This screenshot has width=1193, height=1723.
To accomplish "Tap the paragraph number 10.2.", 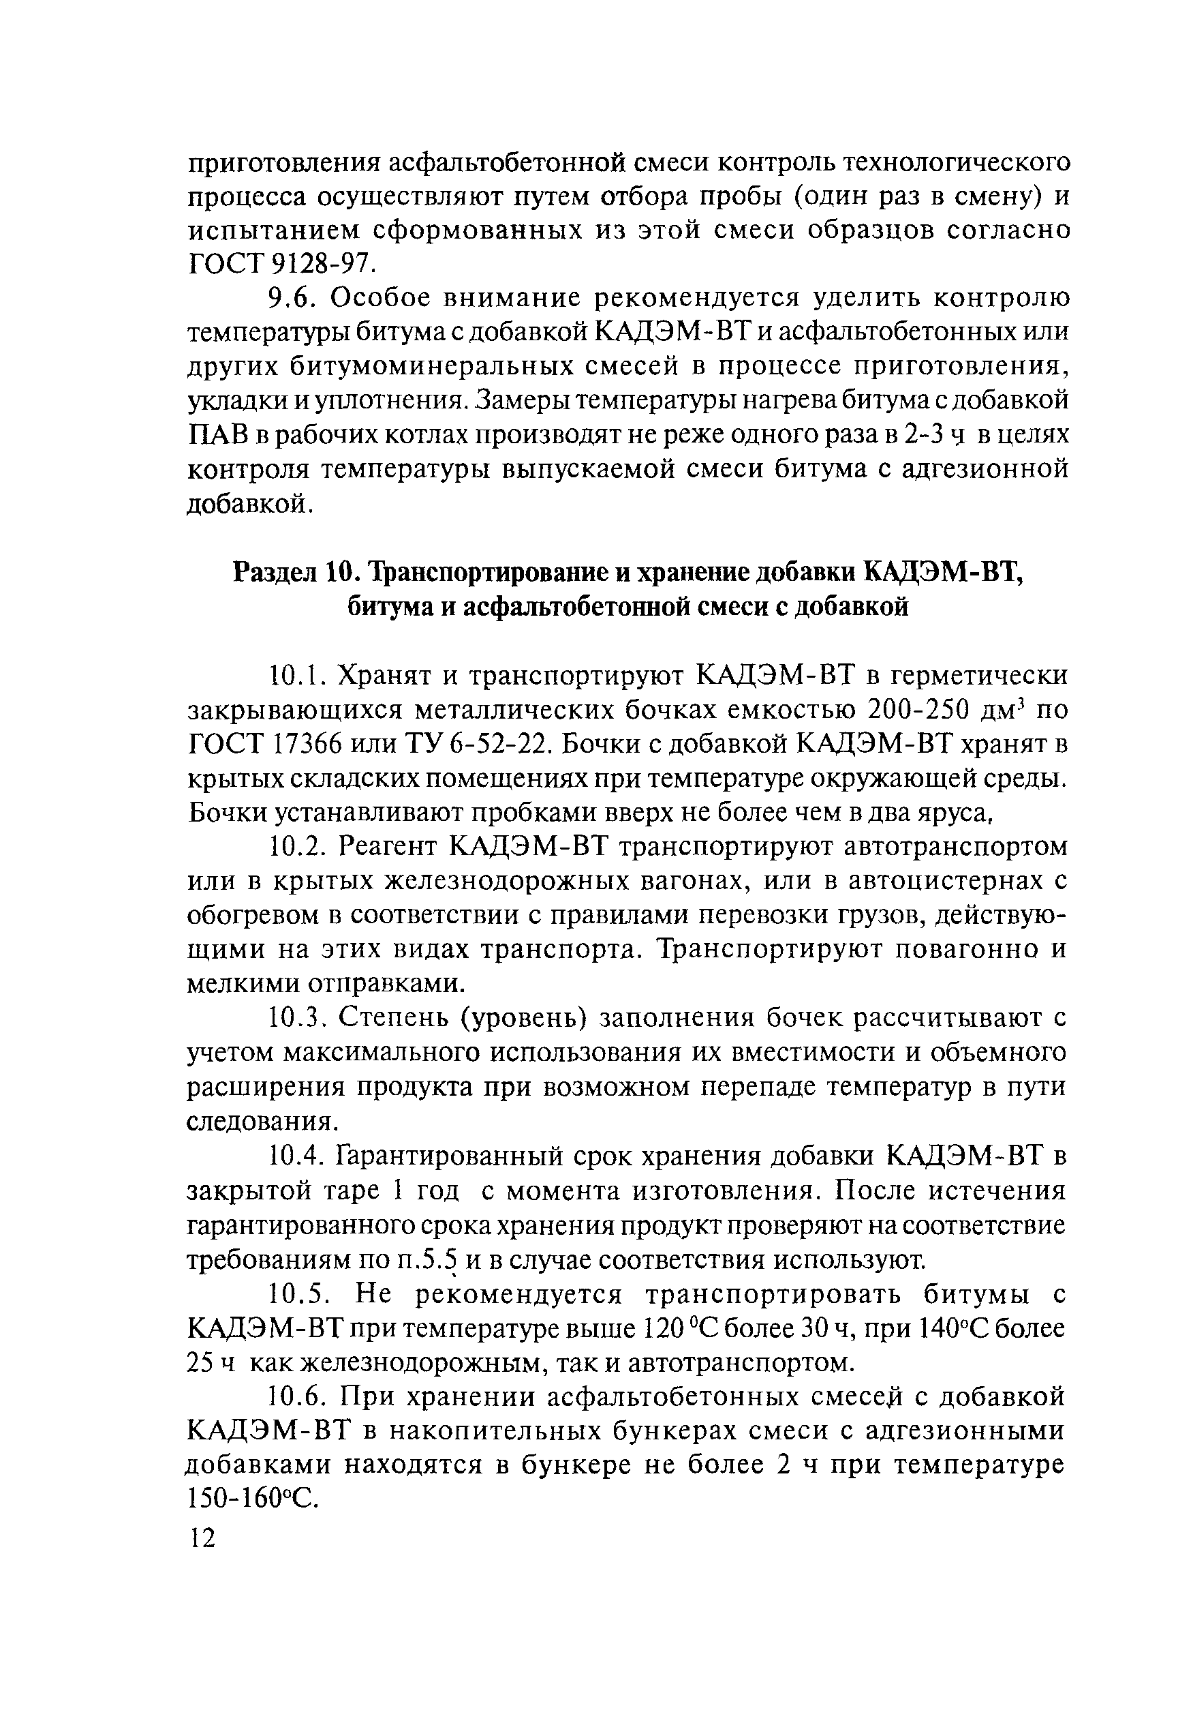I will click(298, 848).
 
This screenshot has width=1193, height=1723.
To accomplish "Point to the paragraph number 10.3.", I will click(298, 1019).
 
